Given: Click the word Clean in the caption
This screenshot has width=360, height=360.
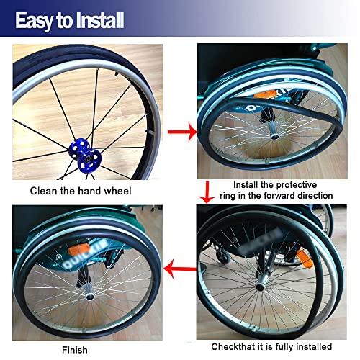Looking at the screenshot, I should [x=44, y=192].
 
